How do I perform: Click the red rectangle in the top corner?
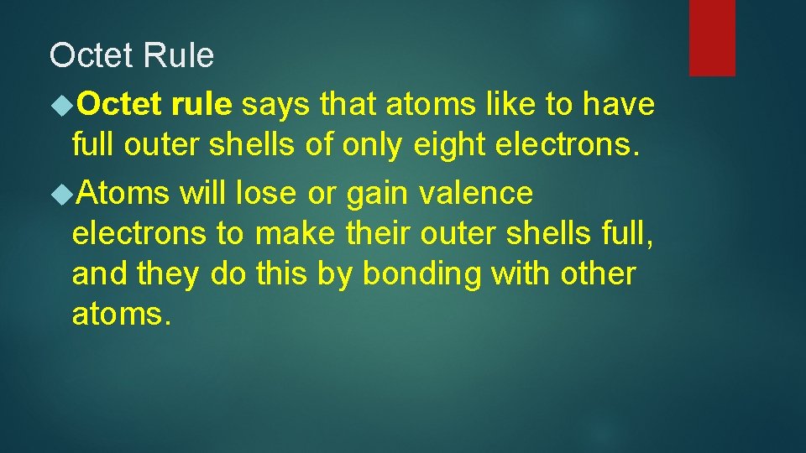pos(712,38)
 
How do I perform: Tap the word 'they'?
pos(171,273)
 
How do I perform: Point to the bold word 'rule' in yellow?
pos(201,105)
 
